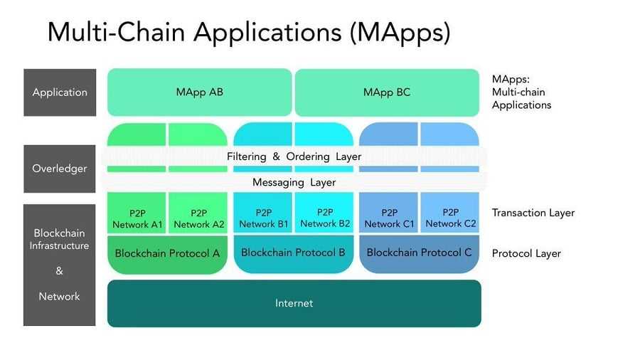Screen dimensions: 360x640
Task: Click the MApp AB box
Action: click(x=199, y=92)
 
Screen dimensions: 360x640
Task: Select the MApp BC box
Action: click(x=386, y=92)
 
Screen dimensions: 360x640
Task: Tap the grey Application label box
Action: click(x=60, y=92)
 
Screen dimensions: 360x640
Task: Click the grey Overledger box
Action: click(x=60, y=169)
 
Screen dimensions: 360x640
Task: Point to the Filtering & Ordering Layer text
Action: click(x=294, y=157)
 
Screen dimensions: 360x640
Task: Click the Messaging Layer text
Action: click(x=294, y=182)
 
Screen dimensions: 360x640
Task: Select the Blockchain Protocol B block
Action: click(x=293, y=253)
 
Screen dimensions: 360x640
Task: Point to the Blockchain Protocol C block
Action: click(x=419, y=253)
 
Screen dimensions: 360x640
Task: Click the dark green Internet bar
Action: click(x=294, y=303)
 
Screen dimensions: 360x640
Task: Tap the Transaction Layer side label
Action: click(x=533, y=213)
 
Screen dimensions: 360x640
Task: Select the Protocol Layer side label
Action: click(x=526, y=253)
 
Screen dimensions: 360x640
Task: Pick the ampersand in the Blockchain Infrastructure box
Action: click(x=60, y=271)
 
